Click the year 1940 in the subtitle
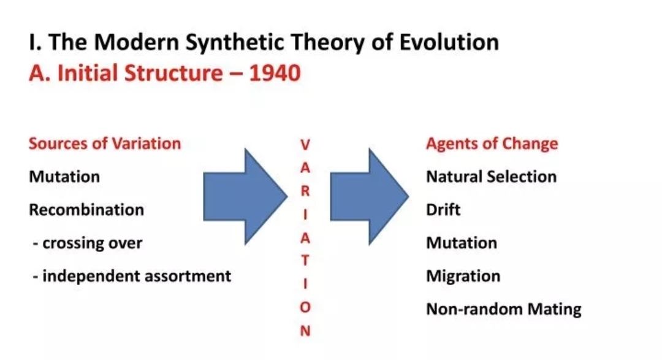[x=275, y=73]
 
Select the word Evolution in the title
[x=449, y=42]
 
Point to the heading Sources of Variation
[x=105, y=144]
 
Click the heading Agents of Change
[x=492, y=144]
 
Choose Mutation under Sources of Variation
[x=64, y=177]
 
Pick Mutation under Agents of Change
[x=462, y=243]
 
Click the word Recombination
[x=86, y=210]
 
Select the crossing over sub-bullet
[x=88, y=243]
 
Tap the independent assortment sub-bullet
[x=132, y=276]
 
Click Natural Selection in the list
[x=492, y=177]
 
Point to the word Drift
[x=443, y=210]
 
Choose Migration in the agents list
[x=463, y=277]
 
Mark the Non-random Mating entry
[x=504, y=309]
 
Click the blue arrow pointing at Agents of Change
[x=369, y=196]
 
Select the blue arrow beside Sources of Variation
[x=245, y=196]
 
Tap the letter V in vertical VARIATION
[x=305, y=145]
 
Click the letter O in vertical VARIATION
[x=305, y=307]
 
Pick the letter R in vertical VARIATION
[x=305, y=191]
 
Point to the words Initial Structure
[x=140, y=73]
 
